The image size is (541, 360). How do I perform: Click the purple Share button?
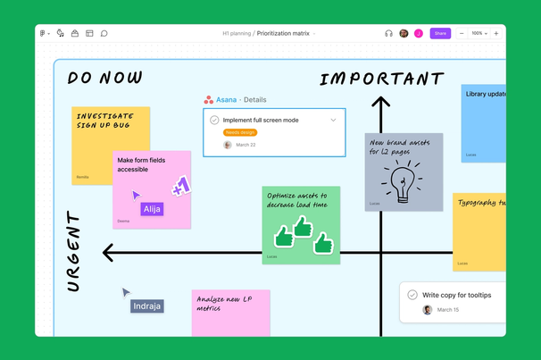440,33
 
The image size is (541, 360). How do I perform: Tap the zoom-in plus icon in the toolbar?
496,33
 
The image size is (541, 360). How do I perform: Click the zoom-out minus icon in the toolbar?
462,33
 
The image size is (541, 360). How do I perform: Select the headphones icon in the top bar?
388,33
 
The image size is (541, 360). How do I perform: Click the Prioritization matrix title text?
283,33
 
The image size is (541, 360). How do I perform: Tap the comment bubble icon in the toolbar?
104,33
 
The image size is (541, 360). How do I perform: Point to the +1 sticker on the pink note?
181,187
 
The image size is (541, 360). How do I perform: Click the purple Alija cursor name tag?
152,209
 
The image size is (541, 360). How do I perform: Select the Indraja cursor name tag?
147,306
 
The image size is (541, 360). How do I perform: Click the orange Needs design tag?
240,132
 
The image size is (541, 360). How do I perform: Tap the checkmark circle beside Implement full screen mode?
214,120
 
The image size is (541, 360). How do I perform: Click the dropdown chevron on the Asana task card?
334,120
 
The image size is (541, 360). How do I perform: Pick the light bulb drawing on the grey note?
402,181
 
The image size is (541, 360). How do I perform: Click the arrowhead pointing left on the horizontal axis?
109,253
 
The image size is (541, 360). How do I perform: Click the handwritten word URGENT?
74,251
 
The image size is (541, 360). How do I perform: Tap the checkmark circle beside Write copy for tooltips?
412,295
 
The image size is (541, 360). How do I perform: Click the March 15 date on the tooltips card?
448,310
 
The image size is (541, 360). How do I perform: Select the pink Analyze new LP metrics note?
229,312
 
